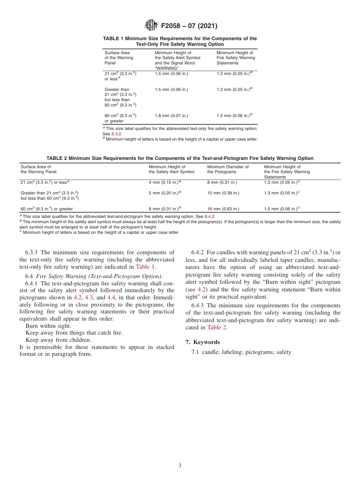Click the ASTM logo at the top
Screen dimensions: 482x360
point(151,26)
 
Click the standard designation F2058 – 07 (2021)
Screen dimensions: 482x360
point(189,26)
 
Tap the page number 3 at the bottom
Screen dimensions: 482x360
point(180,465)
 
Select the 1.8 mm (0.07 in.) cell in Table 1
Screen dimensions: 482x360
point(171,116)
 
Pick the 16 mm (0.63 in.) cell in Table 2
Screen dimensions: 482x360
point(223,209)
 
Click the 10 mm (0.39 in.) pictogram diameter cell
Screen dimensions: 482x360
point(223,193)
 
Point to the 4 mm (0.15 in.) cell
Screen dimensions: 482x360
point(165,182)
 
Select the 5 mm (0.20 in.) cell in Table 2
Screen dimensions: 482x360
point(165,193)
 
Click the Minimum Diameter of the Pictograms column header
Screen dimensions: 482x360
point(228,169)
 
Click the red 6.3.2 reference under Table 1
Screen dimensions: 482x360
point(116,134)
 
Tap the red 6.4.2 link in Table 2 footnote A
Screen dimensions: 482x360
point(210,216)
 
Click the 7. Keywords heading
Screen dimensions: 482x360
point(202,342)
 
